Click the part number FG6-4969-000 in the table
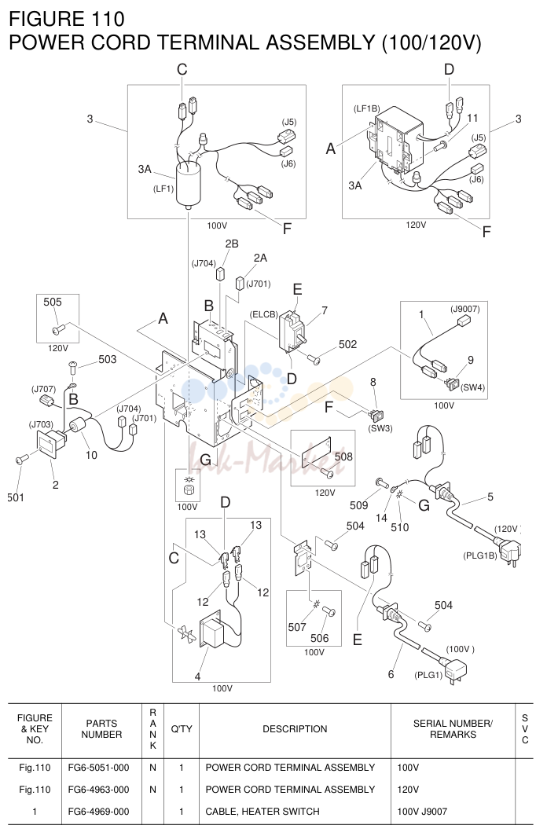click(x=99, y=812)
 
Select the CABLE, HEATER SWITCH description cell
click(x=262, y=812)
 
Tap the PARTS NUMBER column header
click(x=101, y=729)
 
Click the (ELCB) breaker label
click(x=264, y=314)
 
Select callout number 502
click(x=347, y=344)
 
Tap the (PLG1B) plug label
click(x=480, y=555)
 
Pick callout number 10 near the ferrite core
click(x=91, y=455)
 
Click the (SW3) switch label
click(x=380, y=427)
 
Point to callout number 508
click(x=343, y=456)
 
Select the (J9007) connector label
click(x=464, y=310)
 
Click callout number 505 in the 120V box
click(x=53, y=302)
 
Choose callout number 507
click(x=297, y=627)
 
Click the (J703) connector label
click(x=41, y=424)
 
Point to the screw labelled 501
click(x=22, y=459)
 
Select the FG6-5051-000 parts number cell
click(x=99, y=768)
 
